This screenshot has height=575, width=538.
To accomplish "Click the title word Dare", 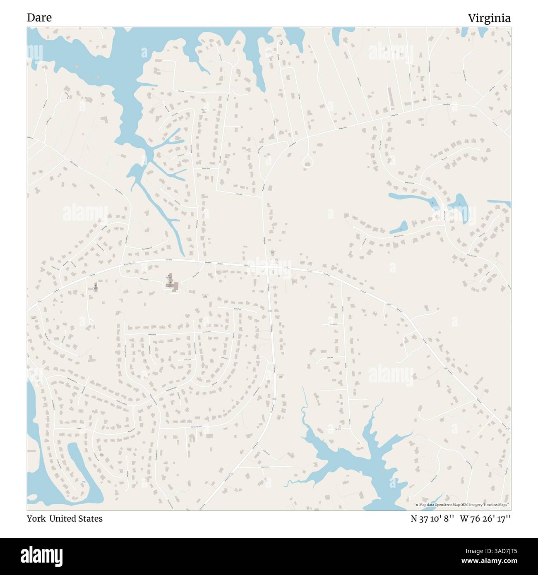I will point(39,18).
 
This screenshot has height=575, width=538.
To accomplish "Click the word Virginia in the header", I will point(489,18).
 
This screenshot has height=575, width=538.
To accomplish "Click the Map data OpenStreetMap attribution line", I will point(462,505).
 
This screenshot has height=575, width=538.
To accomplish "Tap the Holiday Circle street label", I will point(187,359).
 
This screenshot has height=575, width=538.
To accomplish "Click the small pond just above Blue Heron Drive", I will point(401,227).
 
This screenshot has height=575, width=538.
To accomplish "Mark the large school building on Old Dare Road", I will point(173,285).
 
